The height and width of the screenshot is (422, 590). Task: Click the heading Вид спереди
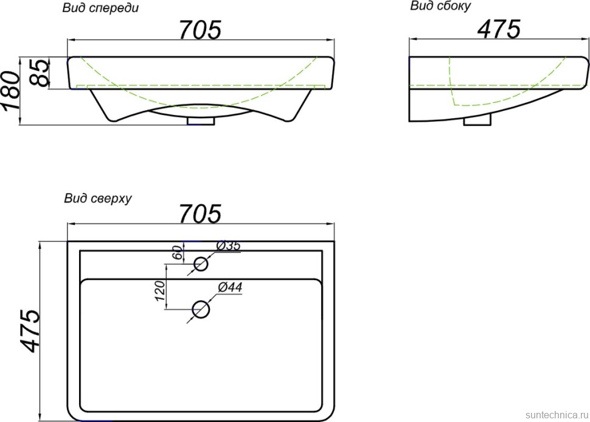pyautogui.click(x=100, y=9)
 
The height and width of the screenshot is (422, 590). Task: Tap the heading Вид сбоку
pyautogui.click(x=440, y=6)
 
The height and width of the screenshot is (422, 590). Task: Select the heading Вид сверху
pyautogui.click(x=98, y=198)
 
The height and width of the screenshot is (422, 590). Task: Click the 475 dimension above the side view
pyautogui.click(x=499, y=29)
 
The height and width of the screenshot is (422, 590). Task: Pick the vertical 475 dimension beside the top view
pyautogui.click(x=29, y=331)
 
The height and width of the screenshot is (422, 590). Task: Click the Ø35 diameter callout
pyautogui.click(x=228, y=246)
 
